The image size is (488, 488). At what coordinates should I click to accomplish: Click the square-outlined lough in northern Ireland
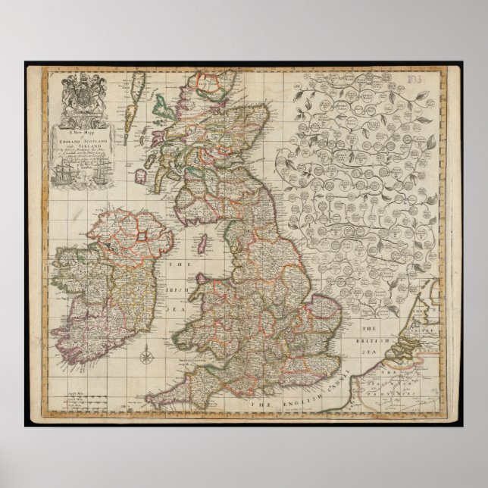141,237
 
